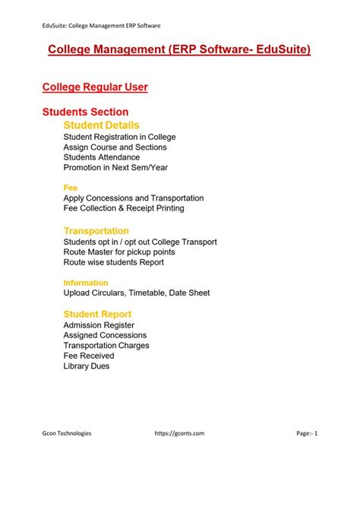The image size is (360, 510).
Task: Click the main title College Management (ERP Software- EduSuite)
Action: (x=179, y=50)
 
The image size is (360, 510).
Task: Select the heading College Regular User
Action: (x=95, y=87)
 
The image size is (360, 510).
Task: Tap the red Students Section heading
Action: (x=85, y=112)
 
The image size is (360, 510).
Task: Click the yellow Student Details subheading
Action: (x=101, y=125)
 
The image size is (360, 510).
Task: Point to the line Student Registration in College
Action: (x=120, y=137)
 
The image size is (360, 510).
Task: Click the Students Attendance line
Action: (x=102, y=157)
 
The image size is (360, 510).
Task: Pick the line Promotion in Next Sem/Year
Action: (x=115, y=167)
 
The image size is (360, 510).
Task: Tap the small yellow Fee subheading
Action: (x=71, y=187)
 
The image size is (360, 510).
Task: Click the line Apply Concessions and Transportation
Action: (x=134, y=198)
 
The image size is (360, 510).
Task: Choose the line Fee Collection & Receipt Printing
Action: (x=124, y=207)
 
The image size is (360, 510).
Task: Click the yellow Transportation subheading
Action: (x=96, y=230)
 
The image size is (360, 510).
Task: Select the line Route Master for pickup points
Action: (x=119, y=252)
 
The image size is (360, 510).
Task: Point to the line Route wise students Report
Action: (x=113, y=262)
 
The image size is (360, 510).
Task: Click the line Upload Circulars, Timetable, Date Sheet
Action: (x=137, y=293)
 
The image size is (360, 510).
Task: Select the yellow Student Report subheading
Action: (x=97, y=314)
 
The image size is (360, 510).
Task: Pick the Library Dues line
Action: (x=87, y=366)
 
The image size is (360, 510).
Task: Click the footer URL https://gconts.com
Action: (x=179, y=433)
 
